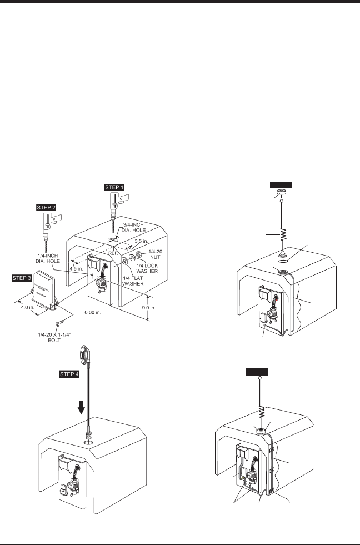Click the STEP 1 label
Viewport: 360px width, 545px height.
point(115,187)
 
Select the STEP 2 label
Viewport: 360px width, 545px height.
point(46,207)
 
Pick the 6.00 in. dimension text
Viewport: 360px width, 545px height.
point(92,312)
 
